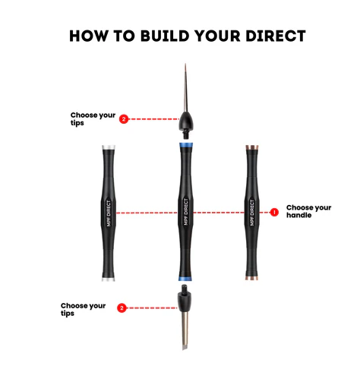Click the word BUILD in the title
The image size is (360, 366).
coord(165,36)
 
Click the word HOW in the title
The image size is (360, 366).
coord(89,36)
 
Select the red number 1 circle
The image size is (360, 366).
coord(274,213)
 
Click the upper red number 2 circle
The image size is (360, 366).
coord(124,119)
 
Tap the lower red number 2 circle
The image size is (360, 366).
coord(122,308)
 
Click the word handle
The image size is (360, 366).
coord(298,215)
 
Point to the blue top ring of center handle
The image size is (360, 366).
coord(186,145)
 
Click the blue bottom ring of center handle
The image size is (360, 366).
coord(185,279)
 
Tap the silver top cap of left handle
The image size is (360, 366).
coord(109,147)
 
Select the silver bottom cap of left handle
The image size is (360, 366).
coord(109,279)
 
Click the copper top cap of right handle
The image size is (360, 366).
coord(252,147)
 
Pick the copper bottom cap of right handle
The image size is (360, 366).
coord(251,278)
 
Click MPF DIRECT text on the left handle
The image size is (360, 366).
coord(109,213)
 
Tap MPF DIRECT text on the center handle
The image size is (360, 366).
coord(186,212)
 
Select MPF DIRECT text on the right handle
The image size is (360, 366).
coord(252,213)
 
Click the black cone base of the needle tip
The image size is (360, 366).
coord(186,121)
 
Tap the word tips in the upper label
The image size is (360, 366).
coord(77,123)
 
